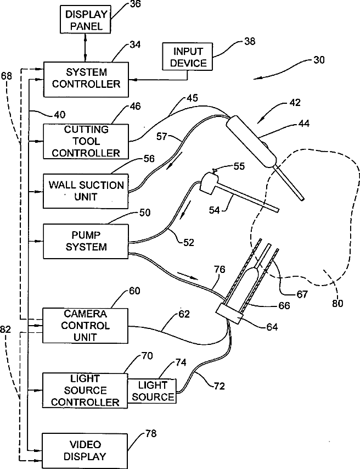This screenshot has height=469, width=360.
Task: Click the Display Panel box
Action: tap(86, 19)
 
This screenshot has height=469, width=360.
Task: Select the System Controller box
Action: tap(86, 79)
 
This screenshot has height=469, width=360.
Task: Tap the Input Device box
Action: tap(188, 57)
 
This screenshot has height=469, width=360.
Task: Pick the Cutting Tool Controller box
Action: tap(86, 141)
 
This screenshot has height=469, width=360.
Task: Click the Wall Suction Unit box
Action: tap(86, 191)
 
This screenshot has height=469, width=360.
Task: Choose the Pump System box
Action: tap(86, 241)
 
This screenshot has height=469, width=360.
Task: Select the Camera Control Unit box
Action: tap(86, 326)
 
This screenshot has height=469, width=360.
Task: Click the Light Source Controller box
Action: tap(85, 390)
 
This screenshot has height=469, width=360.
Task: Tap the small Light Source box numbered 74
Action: tap(152, 391)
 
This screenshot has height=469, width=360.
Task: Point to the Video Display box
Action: tap(85, 451)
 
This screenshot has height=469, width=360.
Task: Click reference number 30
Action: tap(319, 60)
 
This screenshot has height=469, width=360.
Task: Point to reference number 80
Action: tap(337, 304)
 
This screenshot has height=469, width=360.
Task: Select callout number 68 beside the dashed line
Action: tap(6, 76)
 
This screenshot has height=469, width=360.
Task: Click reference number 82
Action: tap(5, 330)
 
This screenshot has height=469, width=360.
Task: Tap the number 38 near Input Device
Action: tap(250, 41)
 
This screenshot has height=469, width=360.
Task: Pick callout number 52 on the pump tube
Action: tap(188, 242)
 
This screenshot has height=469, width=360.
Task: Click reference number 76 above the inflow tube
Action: tap(219, 270)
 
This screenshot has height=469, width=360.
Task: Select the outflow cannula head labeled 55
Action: tap(209, 182)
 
